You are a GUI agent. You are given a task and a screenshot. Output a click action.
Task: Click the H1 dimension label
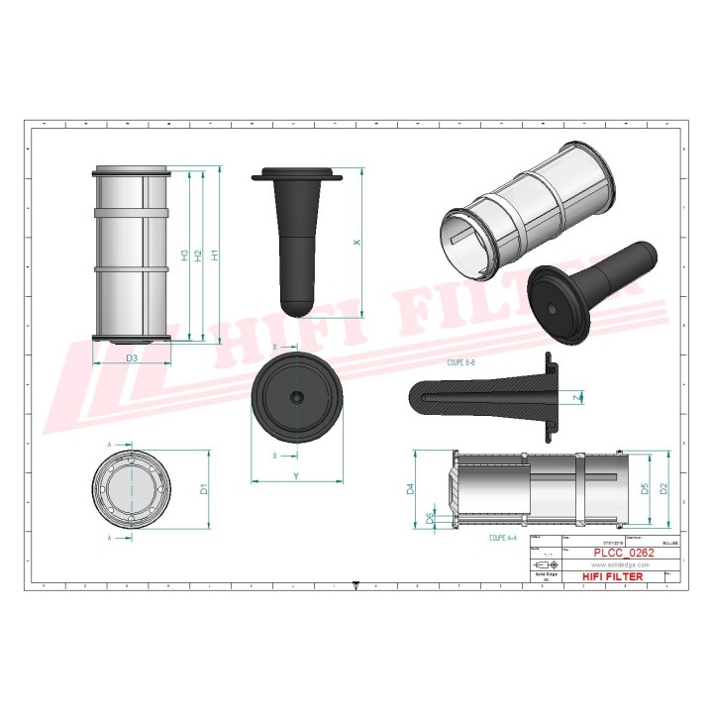click(215, 255)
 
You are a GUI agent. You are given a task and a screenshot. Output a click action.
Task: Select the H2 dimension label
click(200, 255)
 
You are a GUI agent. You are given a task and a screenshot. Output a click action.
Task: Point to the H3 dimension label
click(185, 255)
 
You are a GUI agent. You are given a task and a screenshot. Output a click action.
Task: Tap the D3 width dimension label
click(132, 356)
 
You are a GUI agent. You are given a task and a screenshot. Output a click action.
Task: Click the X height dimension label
click(358, 242)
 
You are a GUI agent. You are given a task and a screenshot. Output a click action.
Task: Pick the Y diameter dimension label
click(296, 476)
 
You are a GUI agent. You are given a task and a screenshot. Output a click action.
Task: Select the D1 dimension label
click(204, 488)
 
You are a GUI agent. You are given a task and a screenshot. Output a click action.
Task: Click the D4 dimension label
click(409, 488)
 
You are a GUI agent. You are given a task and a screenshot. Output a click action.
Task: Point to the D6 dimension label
click(429, 517)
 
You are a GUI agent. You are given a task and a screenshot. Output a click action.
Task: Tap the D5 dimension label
click(645, 488)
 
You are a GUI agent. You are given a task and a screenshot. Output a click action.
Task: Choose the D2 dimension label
click(664, 488)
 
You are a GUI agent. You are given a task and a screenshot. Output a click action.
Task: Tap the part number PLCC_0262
click(623, 553)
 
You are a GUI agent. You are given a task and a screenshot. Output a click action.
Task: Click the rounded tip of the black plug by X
click(296, 300)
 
